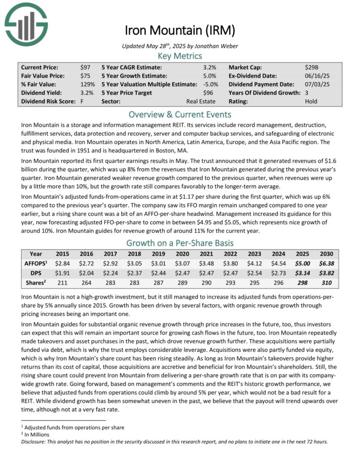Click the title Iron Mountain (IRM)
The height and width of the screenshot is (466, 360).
(180, 30)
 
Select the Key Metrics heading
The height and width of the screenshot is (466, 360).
(180, 56)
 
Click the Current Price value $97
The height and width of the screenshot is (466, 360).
(85, 67)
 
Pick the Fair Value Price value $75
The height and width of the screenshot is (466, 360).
(85, 76)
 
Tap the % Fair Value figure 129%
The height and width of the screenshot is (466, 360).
(87, 84)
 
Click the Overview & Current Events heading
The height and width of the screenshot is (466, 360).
(180, 114)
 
